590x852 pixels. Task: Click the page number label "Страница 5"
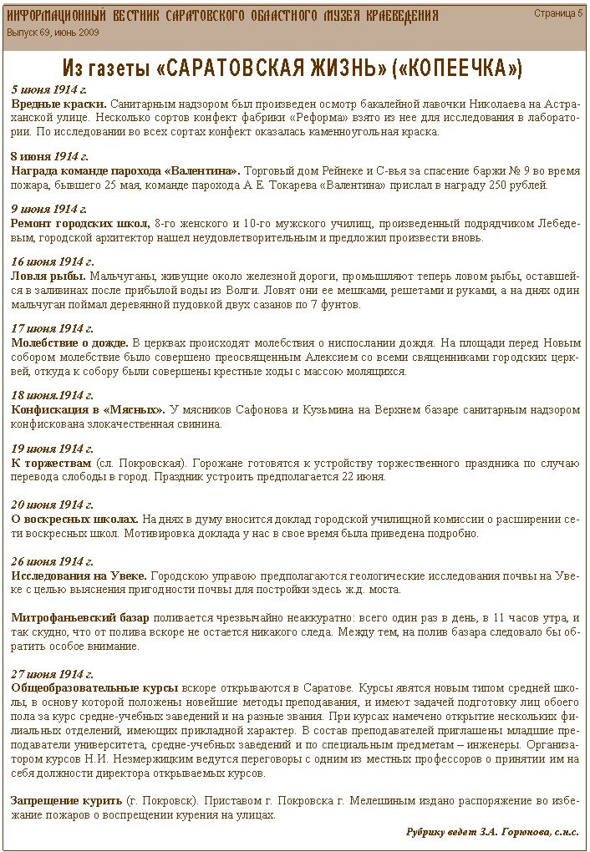click(x=558, y=13)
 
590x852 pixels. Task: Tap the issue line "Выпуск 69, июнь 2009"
click(x=53, y=32)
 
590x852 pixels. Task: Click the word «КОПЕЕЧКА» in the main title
click(x=457, y=68)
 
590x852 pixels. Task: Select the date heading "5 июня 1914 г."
click(x=48, y=89)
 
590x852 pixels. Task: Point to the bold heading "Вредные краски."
click(x=58, y=103)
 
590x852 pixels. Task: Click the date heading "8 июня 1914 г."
click(x=48, y=156)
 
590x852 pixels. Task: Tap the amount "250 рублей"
click(x=520, y=185)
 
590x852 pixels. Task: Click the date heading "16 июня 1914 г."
click(x=52, y=261)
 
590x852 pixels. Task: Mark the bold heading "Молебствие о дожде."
click(x=70, y=342)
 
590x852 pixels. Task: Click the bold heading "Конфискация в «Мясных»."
click(x=87, y=409)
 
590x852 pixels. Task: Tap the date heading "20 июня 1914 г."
click(x=52, y=505)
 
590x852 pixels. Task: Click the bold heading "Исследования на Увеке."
click(x=79, y=576)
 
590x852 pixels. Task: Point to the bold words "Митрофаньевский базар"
click(x=80, y=617)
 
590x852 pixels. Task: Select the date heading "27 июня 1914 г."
click(x=52, y=673)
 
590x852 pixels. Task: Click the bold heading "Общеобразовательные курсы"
click(x=94, y=687)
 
